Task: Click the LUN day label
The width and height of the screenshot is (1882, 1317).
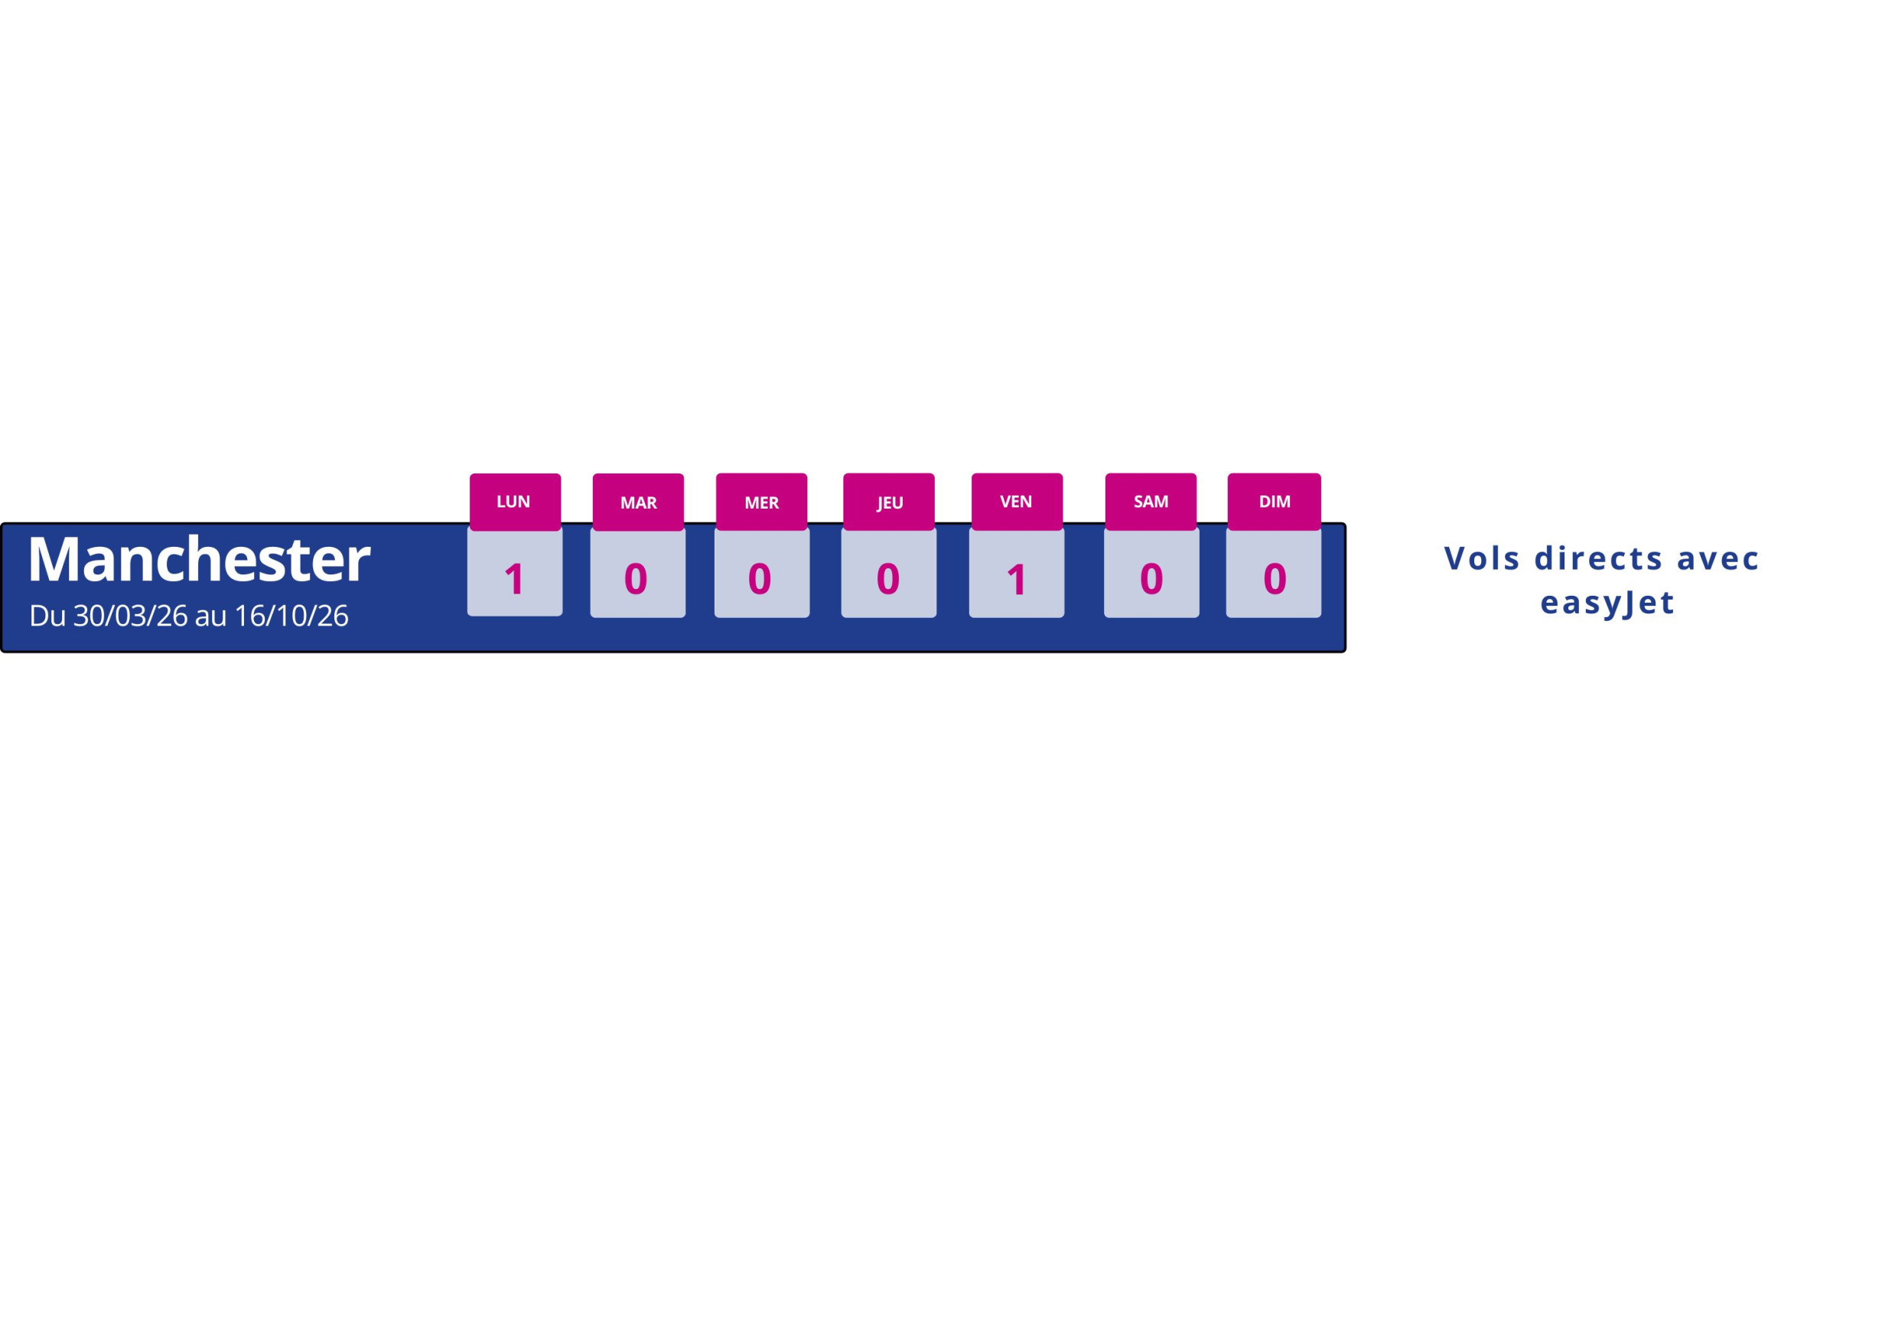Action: pyautogui.click(x=513, y=502)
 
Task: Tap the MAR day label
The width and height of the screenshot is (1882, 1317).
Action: pyautogui.click(x=639, y=503)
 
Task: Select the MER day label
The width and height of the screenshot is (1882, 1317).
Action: pyautogui.click(x=761, y=503)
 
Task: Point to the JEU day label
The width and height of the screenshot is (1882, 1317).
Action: pyautogui.click(x=889, y=503)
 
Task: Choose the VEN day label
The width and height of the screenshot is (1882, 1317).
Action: pyautogui.click(x=1017, y=502)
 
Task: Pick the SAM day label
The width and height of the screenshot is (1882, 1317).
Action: pyautogui.click(x=1151, y=502)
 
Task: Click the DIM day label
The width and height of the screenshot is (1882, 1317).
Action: pyautogui.click(x=1275, y=502)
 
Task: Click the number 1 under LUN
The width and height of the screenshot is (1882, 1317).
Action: pyautogui.click(x=514, y=580)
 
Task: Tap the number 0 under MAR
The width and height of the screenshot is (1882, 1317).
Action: pyautogui.click(x=636, y=580)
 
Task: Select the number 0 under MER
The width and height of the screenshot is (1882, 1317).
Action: pyautogui.click(x=760, y=580)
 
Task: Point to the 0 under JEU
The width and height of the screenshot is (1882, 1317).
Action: pyautogui.click(x=888, y=580)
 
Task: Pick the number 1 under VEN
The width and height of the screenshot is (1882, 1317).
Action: pyautogui.click(x=1017, y=580)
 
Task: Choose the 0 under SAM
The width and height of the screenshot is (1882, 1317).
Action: pyautogui.click(x=1151, y=580)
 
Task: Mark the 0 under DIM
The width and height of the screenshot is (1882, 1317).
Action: pyautogui.click(x=1275, y=580)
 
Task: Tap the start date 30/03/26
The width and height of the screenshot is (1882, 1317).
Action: pyautogui.click(x=130, y=616)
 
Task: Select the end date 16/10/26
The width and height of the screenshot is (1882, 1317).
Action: pyautogui.click(x=291, y=616)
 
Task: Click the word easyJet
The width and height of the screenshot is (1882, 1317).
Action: pyautogui.click(x=1607, y=604)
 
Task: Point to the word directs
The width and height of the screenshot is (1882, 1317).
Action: pyautogui.click(x=1598, y=558)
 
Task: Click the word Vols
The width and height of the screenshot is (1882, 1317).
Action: pyautogui.click(x=1482, y=558)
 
